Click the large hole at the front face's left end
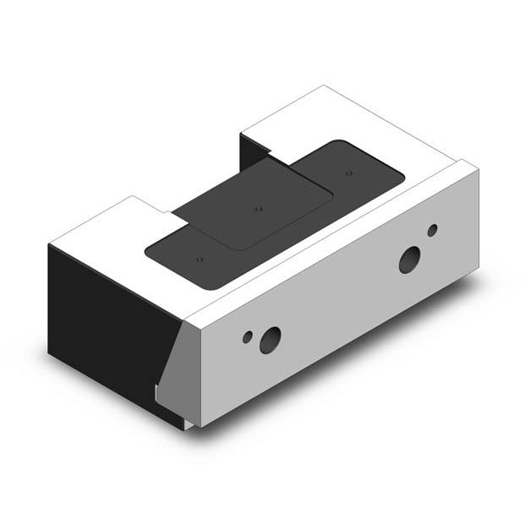pyautogui.click(x=270, y=340)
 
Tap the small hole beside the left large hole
pyautogui.click(x=248, y=336)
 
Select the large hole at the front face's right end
pyautogui.click(x=411, y=259)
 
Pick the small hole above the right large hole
pyautogui.click(x=432, y=230)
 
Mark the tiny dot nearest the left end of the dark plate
pyautogui.click(x=200, y=259)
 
